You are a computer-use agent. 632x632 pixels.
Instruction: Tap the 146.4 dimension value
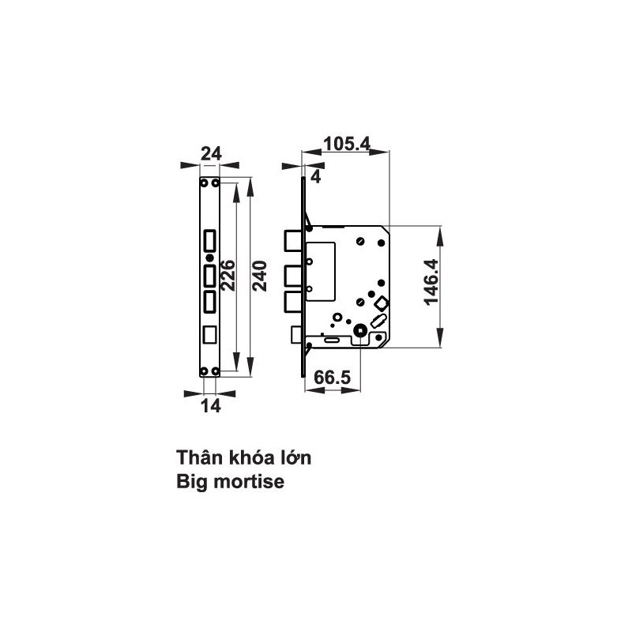(x=431, y=288)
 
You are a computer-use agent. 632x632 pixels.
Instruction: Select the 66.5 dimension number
(x=332, y=377)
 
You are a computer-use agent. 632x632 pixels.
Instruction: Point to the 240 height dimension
(x=261, y=276)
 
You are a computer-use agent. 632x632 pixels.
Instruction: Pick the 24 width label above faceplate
(x=210, y=154)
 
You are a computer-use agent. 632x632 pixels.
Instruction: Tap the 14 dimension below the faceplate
(x=210, y=405)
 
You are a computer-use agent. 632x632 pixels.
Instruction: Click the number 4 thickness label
(x=315, y=176)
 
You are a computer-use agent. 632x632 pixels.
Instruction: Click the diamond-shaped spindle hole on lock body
(x=381, y=303)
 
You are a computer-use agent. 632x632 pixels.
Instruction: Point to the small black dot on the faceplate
(x=209, y=258)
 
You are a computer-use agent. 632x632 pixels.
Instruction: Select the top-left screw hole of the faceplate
(x=204, y=182)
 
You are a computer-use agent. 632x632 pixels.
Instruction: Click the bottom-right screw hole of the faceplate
(x=215, y=371)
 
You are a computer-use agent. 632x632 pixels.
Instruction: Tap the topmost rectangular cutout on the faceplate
(x=210, y=239)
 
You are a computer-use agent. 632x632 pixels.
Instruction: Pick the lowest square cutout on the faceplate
(x=210, y=334)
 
